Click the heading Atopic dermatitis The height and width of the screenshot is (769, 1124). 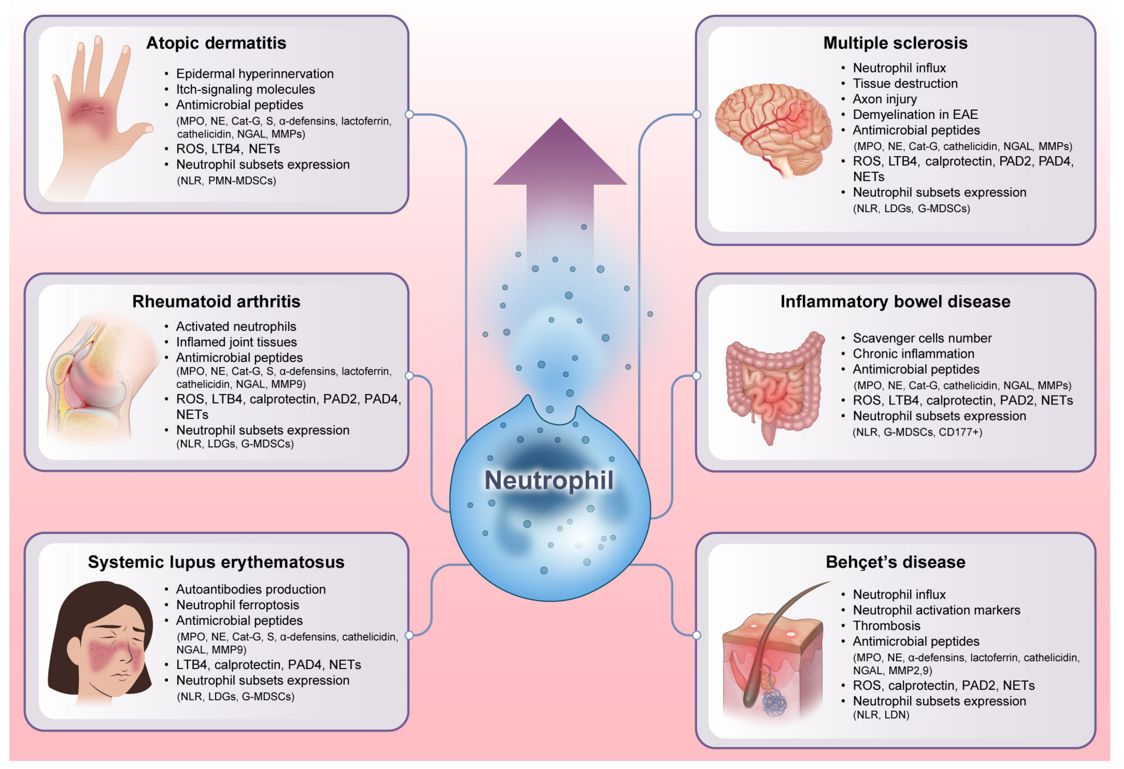pos(216,43)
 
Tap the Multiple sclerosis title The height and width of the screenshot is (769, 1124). pos(895,43)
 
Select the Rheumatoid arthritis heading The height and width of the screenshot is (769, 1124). pos(216,302)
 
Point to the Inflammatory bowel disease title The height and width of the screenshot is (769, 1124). pos(895,302)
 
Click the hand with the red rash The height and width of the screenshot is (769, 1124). pos(97,116)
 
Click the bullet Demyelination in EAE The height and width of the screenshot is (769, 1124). pos(915,115)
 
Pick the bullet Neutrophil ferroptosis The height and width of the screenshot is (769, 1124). pos(237,605)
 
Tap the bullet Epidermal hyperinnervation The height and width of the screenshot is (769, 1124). pos(255,74)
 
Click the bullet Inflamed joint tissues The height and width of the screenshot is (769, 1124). pos(237,342)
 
